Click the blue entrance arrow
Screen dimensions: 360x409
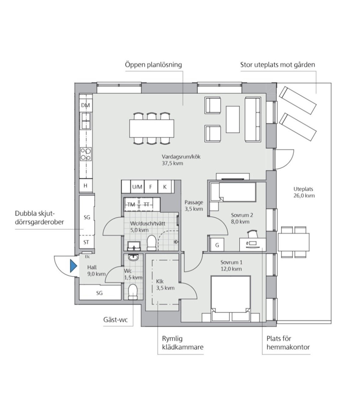[73, 266]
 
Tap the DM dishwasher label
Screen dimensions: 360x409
[85, 105]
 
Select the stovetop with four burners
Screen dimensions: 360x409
[86, 154]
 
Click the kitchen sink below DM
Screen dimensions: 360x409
[86, 121]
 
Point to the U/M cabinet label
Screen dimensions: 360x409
[137, 187]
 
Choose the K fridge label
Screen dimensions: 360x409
[165, 187]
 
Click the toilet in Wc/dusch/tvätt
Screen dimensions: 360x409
[151, 243]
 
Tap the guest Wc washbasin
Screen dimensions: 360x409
[133, 257]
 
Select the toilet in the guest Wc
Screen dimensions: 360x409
[133, 292]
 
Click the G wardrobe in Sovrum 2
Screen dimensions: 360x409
[217, 245]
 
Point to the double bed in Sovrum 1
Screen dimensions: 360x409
[231, 299]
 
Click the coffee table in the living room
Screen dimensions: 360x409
[233, 120]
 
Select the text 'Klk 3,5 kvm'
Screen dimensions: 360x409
[165, 285]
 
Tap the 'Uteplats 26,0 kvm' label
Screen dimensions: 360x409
[304, 192]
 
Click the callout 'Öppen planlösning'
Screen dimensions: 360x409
[153, 65]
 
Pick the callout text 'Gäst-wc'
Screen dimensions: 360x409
[115, 320]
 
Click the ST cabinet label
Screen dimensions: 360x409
[86, 242]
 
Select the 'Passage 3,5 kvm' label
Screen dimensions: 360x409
[194, 205]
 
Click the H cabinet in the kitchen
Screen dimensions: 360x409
[86, 186]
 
